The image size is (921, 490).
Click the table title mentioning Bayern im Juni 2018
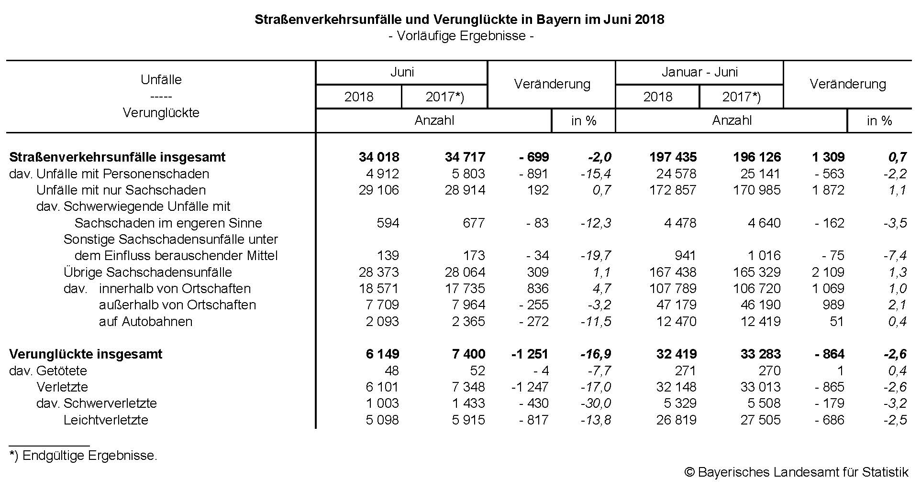[x=459, y=20]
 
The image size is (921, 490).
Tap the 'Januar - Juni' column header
[x=699, y=72]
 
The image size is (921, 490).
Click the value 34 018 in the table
[x=379, y=157]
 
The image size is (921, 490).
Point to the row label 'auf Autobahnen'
[x=145, y=321]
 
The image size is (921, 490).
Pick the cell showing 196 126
[x=757, y=157]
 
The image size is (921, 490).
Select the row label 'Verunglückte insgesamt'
[x=86, y=354]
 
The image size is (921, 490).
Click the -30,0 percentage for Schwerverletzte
[x=596, y=403]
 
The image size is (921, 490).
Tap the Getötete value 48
[x=391, y=371]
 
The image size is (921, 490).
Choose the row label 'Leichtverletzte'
[x=106, y=420]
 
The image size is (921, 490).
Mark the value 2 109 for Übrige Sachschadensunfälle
[x=828, y=272]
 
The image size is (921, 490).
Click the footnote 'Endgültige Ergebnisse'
[x=84, y=456]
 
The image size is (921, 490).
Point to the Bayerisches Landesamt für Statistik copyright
[x=796, y=472]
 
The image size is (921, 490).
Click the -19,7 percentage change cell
[x=596, y=256]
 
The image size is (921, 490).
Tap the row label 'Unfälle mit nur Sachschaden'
[x=121, y=190]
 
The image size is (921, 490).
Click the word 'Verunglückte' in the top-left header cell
[x=161, y=113]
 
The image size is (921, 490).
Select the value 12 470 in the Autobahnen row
[x=677, y=321]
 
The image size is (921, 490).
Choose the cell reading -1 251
[x=530, y=354]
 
